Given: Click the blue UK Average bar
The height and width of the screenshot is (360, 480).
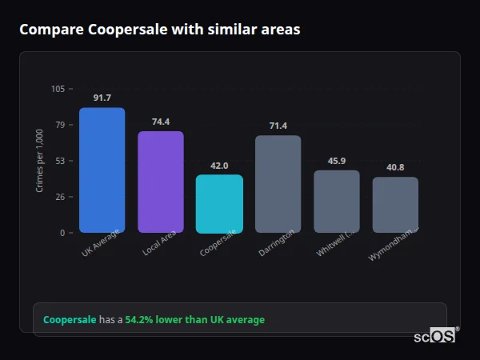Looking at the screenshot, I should click(102, 170).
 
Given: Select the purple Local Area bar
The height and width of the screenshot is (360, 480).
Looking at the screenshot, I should click(161, 182).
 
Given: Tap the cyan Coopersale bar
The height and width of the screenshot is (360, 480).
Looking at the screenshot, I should click(219, 203).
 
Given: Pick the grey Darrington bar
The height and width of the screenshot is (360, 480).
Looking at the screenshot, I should click(278, 184).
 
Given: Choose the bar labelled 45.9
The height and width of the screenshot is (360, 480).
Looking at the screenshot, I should click(337, 201).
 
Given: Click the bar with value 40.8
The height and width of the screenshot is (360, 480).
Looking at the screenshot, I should click(395, 204).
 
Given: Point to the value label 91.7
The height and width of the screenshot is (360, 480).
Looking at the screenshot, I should click(102, 98).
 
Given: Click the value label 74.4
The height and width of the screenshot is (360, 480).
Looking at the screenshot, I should click(161, 122).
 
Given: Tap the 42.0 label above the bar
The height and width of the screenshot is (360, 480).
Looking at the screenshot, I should click(219, 166).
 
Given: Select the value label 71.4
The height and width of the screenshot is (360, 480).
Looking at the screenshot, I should click(278, 126).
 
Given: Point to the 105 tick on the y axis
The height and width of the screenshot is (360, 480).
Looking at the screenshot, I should click(58, 89).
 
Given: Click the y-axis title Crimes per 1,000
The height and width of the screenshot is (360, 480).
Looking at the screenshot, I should click(40, 161).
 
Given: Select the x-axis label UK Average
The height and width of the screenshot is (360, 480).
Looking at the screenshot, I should click(101, 243).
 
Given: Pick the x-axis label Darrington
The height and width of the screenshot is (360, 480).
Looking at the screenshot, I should click(277, 242).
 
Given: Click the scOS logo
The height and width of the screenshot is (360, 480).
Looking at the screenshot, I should click(435, 336).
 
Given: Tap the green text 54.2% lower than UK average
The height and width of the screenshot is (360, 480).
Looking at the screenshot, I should click(194, 320).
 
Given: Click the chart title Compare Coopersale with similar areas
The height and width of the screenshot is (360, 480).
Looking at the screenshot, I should click(160, 30).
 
